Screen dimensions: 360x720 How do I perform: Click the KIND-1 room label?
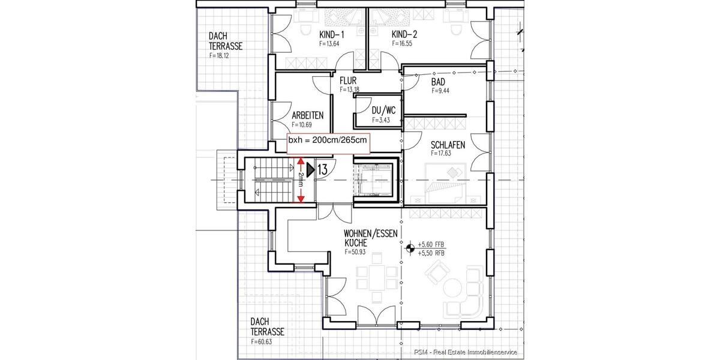331,35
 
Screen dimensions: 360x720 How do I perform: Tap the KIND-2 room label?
403,35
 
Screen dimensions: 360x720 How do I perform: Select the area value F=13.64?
330,44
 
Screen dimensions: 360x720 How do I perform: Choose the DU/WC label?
383,111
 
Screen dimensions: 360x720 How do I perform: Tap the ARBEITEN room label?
308,115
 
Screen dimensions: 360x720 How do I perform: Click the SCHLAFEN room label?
448,145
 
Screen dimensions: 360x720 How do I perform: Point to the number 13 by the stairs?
322,170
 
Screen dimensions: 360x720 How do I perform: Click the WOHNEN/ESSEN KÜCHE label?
370,239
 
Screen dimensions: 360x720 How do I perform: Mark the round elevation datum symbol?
410,247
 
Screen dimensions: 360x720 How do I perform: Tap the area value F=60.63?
263,341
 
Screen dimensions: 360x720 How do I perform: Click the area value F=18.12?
220,55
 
